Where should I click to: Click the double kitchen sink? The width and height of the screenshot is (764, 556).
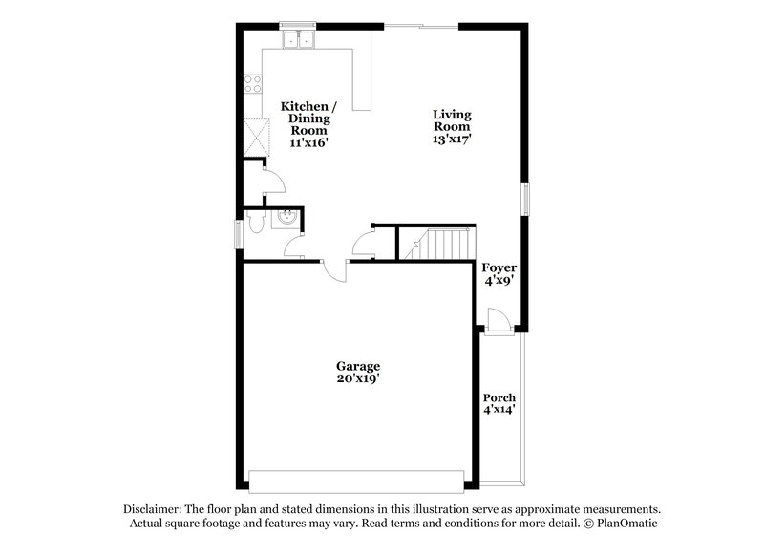301,39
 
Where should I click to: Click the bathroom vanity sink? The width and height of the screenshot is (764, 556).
285,219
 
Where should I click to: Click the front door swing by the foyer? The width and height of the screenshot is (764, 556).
495,319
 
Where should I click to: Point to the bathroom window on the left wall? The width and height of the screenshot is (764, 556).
239,233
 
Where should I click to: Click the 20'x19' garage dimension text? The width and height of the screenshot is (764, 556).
358,379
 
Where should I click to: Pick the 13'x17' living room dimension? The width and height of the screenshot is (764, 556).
453,139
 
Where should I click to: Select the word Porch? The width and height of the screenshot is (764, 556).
499,397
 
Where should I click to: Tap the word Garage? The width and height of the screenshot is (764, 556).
358,366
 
